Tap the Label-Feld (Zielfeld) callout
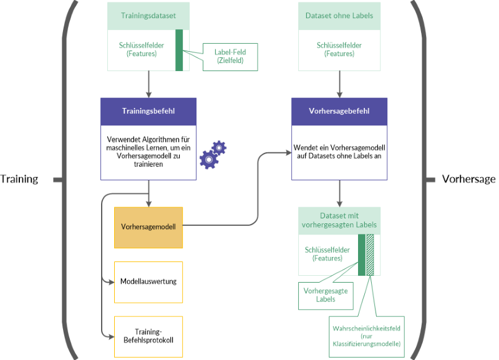(x=230, y=56)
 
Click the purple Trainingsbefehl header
(x=148, y=111)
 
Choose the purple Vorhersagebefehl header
(x=339, y=111)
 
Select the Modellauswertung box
(x=148, y=281)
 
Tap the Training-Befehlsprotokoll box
(x=148, y=336)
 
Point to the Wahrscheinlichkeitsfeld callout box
(x=366, y=335)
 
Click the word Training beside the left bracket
(x=19, y=180)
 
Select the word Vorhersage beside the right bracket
(x=468, y=180)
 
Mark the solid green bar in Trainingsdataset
(x=179, y=50)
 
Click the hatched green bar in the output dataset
(x=370, y=255)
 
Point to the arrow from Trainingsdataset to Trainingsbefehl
(x=148, y=84)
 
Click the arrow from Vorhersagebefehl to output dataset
(x=339, y=193)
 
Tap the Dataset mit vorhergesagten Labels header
(x=339, y=220)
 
